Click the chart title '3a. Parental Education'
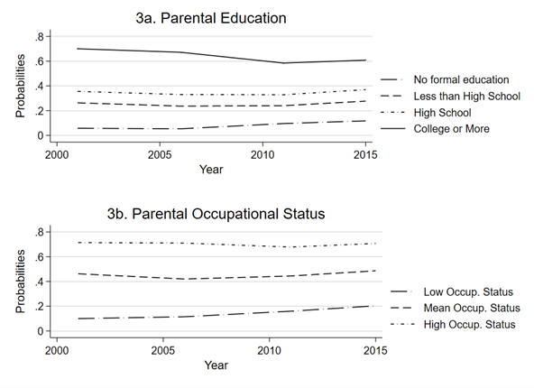tap(211, 18)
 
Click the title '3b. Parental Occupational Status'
tap(216, 214)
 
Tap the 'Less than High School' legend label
tap(467, 96)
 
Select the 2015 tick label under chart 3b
tap(375, 350)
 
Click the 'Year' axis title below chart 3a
tap(211, 170)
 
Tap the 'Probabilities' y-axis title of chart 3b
tap(21, 282)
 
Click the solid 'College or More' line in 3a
tap(221, 56)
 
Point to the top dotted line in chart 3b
tap(226, 244)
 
